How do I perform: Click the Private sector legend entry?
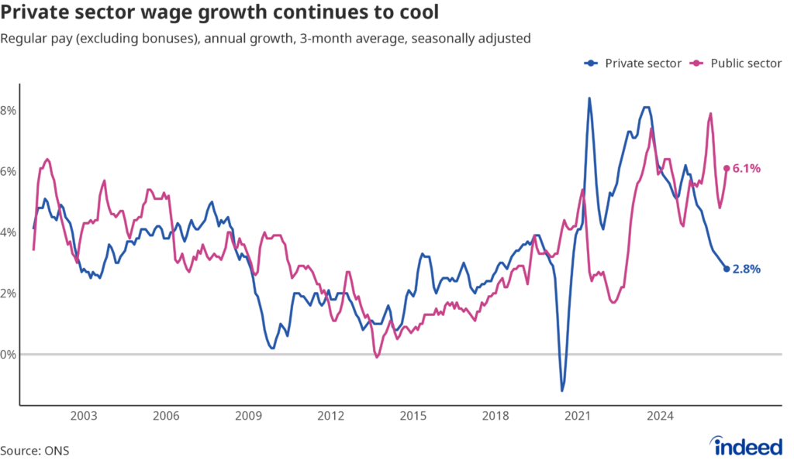pos(633,64)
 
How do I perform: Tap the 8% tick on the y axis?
pos(8,110)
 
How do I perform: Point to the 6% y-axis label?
pos(8,171)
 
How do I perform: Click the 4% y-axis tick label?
pos(8,233)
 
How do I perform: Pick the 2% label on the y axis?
pos(8,294)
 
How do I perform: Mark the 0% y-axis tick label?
pos(8,355)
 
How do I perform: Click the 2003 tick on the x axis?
pos(84,416)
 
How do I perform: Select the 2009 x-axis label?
pos(249,416)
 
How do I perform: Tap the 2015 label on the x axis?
pos(413,416)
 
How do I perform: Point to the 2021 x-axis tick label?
pos(578,416)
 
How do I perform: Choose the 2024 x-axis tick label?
pos(661,416)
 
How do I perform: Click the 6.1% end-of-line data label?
pos(747,169)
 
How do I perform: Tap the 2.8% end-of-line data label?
pos(747,270)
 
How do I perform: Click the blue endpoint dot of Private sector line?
pos(727,270)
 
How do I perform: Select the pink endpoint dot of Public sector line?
pos(727,169)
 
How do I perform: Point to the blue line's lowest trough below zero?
pos(562,390)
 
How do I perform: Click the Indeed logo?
pos(746,446)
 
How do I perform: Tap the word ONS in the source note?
pos(57,451)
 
